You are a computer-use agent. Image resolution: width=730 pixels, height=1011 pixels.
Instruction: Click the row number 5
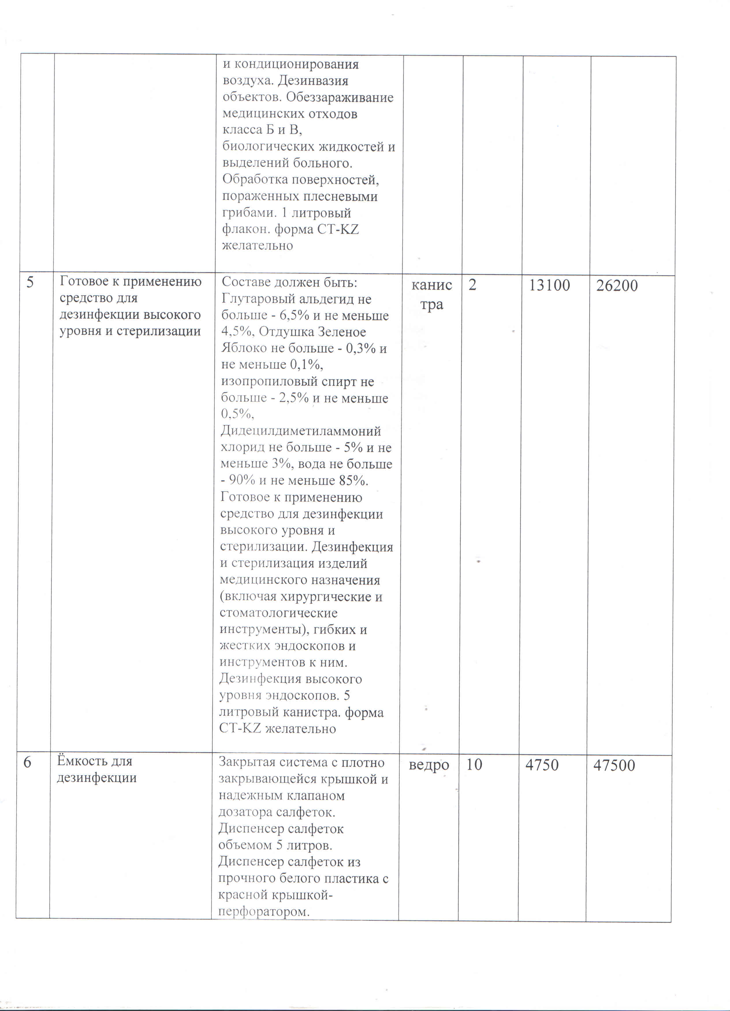pos(30,283)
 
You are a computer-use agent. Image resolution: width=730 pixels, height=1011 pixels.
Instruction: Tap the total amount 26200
pos(617,286)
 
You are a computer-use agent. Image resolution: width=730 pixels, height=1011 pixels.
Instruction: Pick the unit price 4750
pos(542,765)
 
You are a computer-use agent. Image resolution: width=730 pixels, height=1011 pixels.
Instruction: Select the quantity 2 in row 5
pos(472,285)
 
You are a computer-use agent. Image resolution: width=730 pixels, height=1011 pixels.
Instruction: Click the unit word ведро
pos(429,765)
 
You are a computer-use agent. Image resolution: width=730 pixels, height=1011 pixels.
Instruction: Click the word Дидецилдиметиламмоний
pos(301,431)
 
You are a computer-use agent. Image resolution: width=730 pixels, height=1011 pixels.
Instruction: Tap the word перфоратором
pos(264,911)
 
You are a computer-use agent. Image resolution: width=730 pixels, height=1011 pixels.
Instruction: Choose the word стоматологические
pos(278,613)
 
